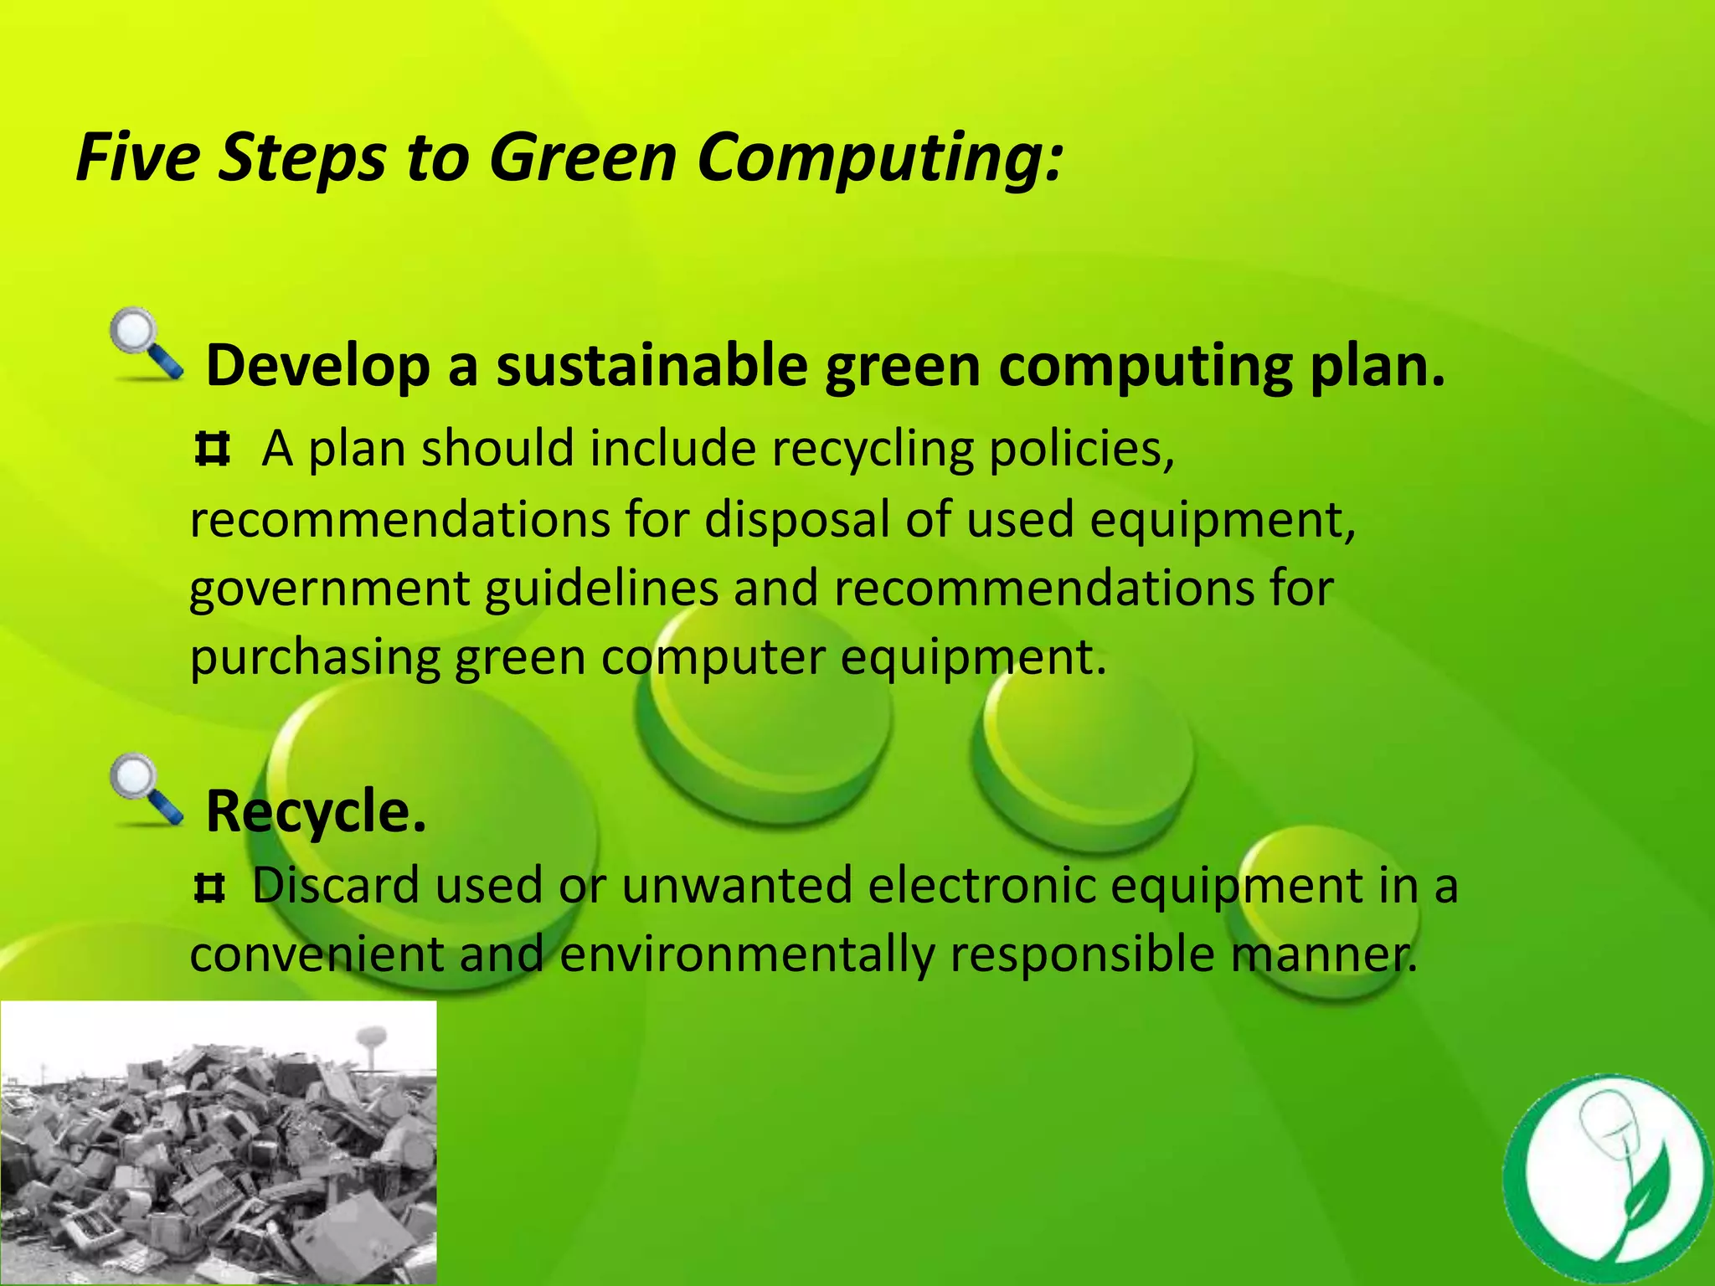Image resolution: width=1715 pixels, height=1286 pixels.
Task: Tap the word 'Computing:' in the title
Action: (x=879, y=158)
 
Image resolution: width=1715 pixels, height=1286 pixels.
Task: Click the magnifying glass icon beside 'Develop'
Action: (x=146, y=345)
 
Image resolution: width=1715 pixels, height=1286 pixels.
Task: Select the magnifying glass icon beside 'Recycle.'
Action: (x=146, y=790)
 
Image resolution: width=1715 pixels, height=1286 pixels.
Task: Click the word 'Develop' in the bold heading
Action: (x=317, y=366)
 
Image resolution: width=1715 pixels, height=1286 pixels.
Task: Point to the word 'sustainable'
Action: (x=651, y=366)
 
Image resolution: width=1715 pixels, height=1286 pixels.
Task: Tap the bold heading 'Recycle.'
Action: (x=316, y=811)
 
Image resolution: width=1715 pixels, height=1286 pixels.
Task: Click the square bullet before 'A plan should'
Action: (x=212, y=449)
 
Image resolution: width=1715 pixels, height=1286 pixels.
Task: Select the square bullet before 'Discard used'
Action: (x=209, y=887)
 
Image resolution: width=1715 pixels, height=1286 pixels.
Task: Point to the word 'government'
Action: (x=329, y=589)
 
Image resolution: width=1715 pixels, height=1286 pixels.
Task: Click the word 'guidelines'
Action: (x=601, y=589)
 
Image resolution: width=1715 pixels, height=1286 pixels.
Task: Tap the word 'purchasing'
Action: (x=315, y=658)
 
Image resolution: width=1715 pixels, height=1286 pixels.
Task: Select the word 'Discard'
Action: (x=336, y=885)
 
